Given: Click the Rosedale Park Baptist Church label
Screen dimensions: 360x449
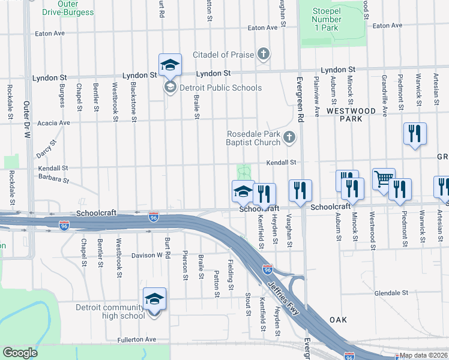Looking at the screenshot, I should point(253,138).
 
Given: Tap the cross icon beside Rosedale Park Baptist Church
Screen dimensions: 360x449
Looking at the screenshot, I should point(289,138).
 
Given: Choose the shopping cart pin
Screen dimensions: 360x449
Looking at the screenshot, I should point(384,178).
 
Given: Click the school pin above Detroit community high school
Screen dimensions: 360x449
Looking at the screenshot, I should point(154,299).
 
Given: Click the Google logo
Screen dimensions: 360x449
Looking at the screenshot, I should point(20,353).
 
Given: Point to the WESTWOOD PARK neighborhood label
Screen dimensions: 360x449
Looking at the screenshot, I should point(352,115).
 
